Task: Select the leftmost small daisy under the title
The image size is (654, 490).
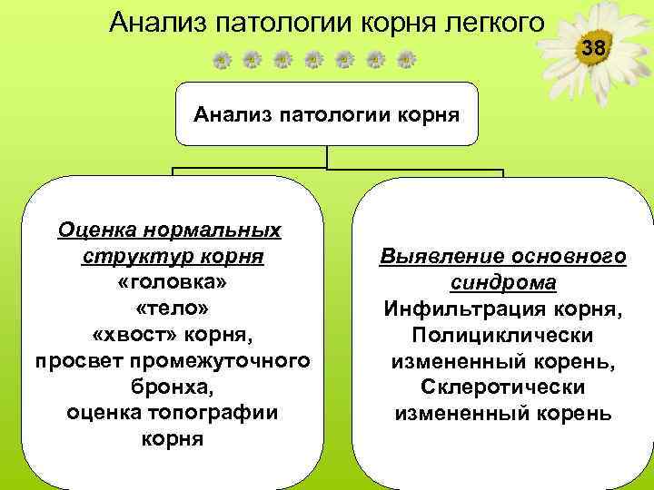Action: [221, 61]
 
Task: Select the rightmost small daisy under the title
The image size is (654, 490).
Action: [407, 61]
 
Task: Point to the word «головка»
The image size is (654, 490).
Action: [170, 281]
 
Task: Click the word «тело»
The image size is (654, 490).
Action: [170, 308]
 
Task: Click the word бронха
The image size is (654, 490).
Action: [170, 387]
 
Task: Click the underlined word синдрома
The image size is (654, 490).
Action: [502, 283]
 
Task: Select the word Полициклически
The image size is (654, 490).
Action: [502, 336]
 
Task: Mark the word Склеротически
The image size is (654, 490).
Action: [502, 388]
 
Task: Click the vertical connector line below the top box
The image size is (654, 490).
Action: [327, 157]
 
